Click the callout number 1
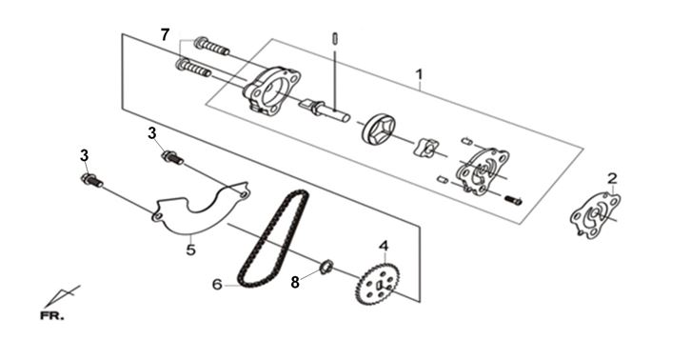(420, 74)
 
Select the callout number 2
(612, 179)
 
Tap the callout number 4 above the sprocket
(384, 246)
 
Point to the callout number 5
(190, 250)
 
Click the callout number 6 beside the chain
(217, 285)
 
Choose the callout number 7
(165, 34)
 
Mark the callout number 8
(295, 282)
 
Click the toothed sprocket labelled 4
(378, 284)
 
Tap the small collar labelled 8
(326, 268)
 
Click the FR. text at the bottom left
(52, 316)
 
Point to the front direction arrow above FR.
(62, 296)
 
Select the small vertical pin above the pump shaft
(335, 39)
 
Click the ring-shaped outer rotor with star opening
(379, 129)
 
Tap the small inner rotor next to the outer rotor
(424, 148)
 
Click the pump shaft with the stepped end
(325, 110)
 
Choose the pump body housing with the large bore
(271, 90)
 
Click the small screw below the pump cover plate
(513, 200)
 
